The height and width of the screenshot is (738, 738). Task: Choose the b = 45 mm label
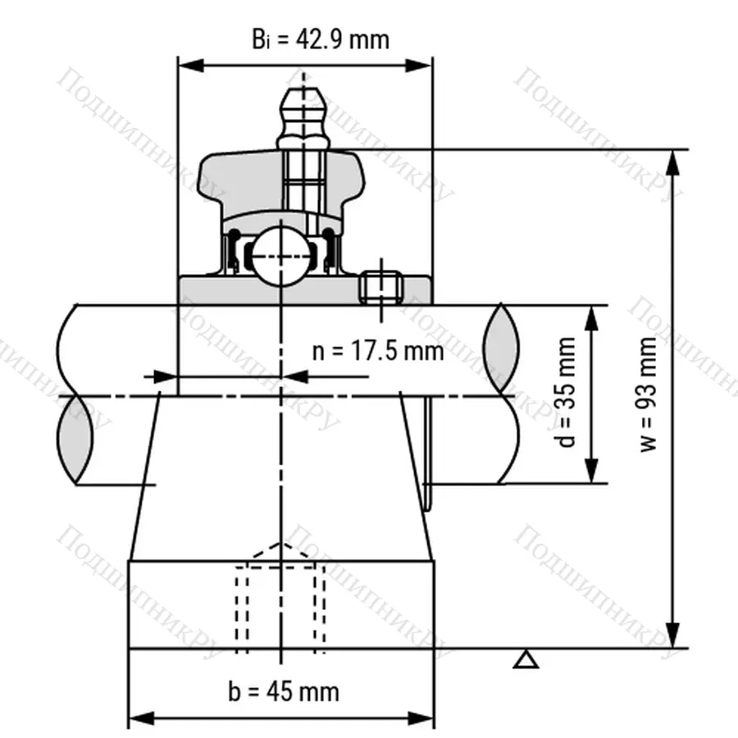[283, 690]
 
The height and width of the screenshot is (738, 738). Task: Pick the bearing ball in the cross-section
[280, 256]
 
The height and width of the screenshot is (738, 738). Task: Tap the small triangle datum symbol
[526, 658]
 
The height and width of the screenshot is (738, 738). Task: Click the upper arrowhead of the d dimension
[591, 317]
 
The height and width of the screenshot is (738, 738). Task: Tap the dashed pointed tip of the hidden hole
[281, 544]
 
